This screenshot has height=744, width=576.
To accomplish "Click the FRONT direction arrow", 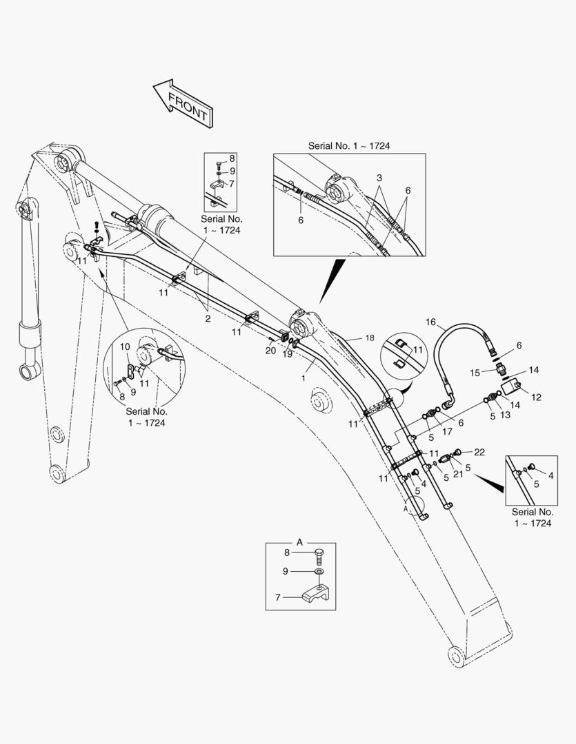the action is (183, 103).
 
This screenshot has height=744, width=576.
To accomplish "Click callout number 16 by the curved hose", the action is (430, 322).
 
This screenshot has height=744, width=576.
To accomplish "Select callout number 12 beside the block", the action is (536, 397).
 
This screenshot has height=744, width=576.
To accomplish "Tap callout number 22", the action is (479, 452).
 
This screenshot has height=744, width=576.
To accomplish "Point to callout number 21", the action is (457, 473).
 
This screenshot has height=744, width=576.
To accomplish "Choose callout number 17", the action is (447, 432).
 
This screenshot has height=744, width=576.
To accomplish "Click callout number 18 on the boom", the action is (370, 338).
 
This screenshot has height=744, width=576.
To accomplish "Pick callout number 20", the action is (270, 351).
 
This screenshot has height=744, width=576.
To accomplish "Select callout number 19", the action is (288, 354).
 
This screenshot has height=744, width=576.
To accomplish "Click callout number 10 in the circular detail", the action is (125, 347).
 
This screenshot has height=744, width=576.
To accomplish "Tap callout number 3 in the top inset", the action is (379, 178).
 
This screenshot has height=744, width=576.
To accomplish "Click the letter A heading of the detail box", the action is (299, 542).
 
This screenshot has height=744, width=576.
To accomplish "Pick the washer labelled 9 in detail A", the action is (319, 571).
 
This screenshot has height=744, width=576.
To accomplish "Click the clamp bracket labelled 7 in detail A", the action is (317, 595).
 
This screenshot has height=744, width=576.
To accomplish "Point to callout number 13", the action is (505, 415).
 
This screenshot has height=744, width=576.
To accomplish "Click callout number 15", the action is (475, 373).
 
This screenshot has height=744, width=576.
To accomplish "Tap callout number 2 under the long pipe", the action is (208, 318).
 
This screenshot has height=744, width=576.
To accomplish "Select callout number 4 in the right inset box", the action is (550, 475).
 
